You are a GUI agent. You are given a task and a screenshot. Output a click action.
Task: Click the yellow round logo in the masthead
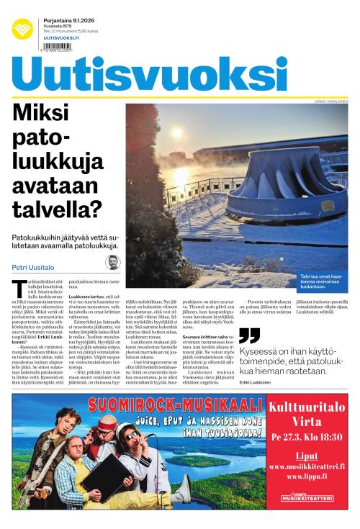[22, 28]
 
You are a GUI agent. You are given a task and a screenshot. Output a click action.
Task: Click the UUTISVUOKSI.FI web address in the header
[61, 37]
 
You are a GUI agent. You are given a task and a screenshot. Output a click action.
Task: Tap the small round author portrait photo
[113, 262]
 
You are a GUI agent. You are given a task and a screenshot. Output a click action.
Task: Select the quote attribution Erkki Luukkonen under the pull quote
[256, 381]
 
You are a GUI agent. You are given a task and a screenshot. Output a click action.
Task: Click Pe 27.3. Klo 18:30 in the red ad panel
[307, 438]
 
